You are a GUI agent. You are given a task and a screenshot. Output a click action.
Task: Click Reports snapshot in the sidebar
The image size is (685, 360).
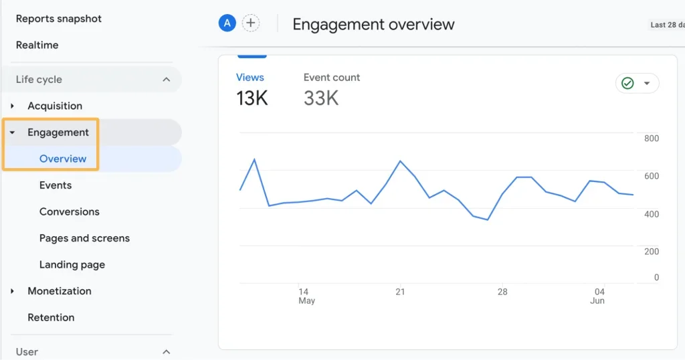(59, 19)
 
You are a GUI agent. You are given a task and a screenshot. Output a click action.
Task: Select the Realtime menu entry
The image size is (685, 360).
(37, 45)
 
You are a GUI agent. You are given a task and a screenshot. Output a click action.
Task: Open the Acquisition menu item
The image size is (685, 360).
(55, 106)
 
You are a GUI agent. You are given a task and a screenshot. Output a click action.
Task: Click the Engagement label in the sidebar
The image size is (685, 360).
(58, 132)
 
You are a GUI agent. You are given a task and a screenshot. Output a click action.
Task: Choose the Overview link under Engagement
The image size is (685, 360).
(63, 159)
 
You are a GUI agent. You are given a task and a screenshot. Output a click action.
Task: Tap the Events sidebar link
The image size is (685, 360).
(56, 185)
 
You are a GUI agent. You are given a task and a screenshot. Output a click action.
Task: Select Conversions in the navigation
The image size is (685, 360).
(70, 211)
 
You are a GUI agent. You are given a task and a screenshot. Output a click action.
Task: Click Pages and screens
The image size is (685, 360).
(84, 238)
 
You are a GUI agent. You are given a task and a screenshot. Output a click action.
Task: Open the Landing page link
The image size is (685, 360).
(72, 264)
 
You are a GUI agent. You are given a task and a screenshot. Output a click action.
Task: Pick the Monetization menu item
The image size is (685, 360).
(60, 291)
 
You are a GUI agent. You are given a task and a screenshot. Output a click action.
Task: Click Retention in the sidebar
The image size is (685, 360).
(51, 317)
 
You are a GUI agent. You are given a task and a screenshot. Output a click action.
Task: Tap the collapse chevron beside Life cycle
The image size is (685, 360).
(167, 80)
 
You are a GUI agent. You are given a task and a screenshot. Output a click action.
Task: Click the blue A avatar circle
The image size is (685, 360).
(227, 23)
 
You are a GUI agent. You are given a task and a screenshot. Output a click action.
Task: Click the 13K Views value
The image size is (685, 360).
(252, 98)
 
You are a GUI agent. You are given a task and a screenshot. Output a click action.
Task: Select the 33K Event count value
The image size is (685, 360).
(321, 98)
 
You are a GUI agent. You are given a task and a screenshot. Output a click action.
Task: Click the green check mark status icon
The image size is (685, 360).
(627, 84)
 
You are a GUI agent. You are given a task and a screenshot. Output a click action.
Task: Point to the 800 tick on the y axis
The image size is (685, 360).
(652, 139)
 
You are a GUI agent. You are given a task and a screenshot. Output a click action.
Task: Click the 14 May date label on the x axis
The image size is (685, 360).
(305, 296)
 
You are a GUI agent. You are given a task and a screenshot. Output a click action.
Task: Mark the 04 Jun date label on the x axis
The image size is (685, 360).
(599, 296)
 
